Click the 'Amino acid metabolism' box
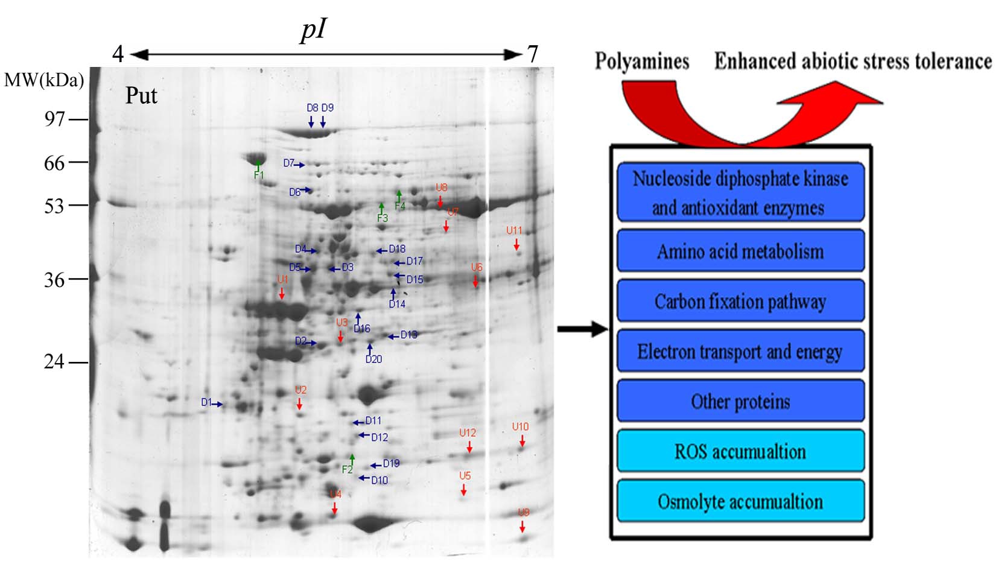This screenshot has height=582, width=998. pos(740,251)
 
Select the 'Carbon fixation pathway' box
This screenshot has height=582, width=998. pos(740,301)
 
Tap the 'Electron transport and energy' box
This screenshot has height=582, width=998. pos(740,351)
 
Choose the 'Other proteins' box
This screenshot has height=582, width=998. pos(740,401)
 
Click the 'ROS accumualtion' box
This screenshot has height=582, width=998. pos(740,451)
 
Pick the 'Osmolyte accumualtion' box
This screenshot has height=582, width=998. pos(740,501)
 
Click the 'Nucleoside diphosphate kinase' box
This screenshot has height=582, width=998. pos(740,192)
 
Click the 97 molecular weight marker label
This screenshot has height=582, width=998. pos(54,119)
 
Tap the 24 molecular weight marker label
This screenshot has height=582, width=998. pos(54,362)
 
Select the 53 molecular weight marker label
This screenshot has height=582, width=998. pos(54,206)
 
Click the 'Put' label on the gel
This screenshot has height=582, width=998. pos(141,95)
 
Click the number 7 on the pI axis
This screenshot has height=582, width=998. pos(532,54)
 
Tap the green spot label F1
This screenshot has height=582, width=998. pos(259,176)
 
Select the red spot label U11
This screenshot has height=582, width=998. pos(514,230)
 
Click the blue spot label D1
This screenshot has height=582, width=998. pos(206,402)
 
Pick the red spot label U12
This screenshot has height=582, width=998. pos(468,433)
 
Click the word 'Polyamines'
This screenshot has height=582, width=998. pos(642,62)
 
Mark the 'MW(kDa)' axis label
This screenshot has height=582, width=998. pos(44,80)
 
